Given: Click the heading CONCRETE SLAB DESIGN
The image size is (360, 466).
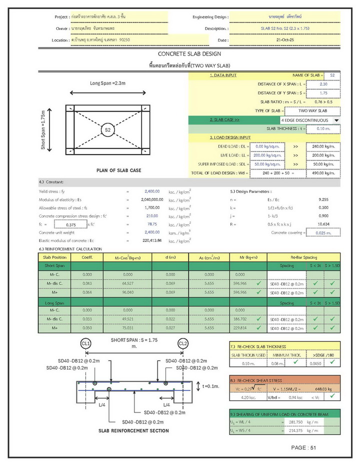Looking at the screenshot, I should point(189,53).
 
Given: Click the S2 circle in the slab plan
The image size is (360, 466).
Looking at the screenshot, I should point(107,130).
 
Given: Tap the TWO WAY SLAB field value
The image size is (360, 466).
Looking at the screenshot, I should point(312,110).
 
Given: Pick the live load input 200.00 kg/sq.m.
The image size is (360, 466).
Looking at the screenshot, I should point(266,155).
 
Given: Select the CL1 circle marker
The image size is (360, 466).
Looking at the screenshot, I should point(86,343).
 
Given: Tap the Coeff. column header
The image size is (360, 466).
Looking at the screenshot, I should point(87,257).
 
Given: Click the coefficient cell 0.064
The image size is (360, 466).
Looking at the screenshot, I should point(87,292).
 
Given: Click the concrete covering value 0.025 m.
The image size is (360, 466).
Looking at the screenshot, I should point(322,232).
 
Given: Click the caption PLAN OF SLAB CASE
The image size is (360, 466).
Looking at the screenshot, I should point(118,170).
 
